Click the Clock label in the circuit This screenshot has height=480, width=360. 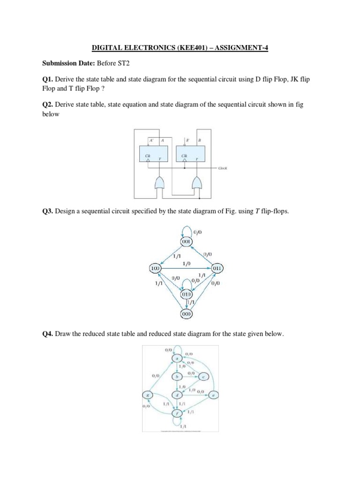click(x=223, y=168)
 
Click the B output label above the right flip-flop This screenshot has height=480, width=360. click(x=200, y=140)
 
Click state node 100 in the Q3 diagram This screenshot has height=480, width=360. click(x=155, y=268)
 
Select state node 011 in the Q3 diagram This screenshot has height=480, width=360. click(x=217, y=268)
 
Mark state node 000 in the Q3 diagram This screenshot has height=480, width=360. click(x=187, y=314)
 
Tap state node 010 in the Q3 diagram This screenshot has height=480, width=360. click(x=187, y=294)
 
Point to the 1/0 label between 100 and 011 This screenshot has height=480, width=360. click(x=187, y=264)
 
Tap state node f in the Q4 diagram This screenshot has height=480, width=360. click(x=177, y=413)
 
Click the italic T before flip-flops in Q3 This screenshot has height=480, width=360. click(x=257, y=211)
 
